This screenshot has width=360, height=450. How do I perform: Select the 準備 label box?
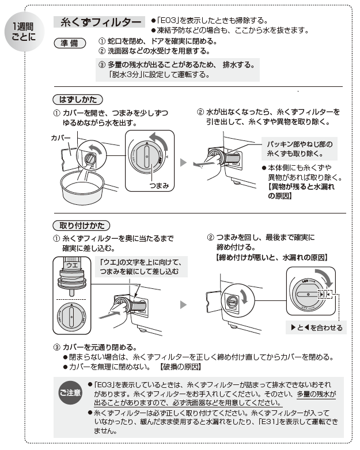pos(69,42)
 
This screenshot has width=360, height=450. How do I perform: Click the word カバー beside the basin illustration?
pos(60,139)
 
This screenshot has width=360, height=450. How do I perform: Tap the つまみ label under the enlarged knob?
pos(157,186)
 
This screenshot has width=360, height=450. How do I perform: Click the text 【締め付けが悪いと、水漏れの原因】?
pos(268,257)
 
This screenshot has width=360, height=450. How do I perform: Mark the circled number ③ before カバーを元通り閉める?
pos(56,347)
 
